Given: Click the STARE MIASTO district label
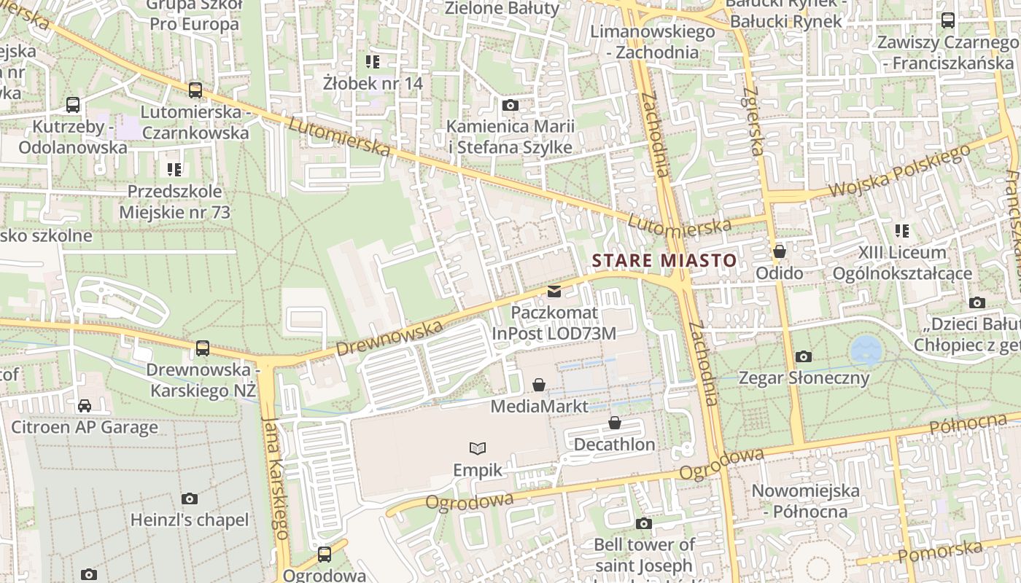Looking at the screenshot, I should tap(664, 260).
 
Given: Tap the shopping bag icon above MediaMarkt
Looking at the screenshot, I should tap(539, 384).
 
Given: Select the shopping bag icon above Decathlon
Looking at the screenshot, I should tap(615, 423).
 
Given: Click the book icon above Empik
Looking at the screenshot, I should tap(478, 447).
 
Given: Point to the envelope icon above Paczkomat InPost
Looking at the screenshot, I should tap(554, 291).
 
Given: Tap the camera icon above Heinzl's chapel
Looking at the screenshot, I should tap(190, 498).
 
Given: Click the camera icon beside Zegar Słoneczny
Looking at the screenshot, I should tap(804, 356).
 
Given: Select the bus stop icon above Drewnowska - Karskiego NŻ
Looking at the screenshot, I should tap(203, 348).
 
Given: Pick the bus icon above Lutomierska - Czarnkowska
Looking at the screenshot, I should tap(195, 90).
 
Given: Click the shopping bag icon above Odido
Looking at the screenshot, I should tap(780, 251).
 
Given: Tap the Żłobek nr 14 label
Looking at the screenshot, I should tap(373, 83).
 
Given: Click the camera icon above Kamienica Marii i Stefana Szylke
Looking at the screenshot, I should tap(510, 105).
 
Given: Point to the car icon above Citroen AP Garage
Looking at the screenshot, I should tap(85, 405).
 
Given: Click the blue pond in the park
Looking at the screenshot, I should tap(866, 351).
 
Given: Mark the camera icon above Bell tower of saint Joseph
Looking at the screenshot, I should tap(643, 523).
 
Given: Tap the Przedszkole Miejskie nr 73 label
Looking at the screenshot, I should tap(174, 202).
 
